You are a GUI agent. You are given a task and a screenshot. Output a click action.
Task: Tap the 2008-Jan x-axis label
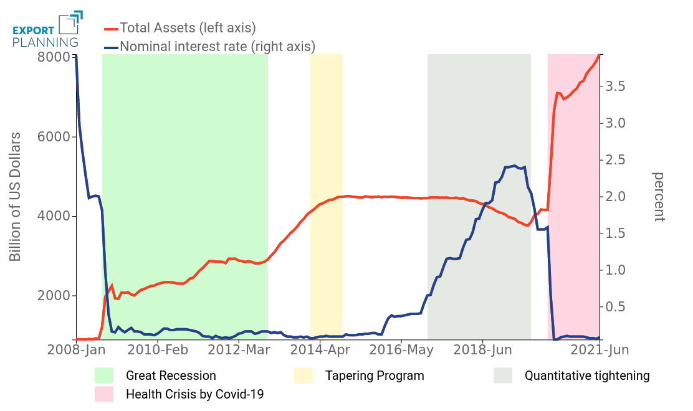click(x=76, y=350)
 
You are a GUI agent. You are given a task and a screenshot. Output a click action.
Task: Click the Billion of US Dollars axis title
click(x=16, y=197)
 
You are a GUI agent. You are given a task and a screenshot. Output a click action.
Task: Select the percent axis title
click(x=659, y=197)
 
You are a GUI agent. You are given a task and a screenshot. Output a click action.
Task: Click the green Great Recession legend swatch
click(x=104, y=376)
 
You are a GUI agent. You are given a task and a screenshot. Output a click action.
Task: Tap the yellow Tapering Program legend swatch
click(x=303, y=376)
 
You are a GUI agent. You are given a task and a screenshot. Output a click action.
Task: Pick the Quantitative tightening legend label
click(x=586, y=376)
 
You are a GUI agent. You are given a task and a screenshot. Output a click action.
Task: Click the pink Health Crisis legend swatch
click(x=104, y=394)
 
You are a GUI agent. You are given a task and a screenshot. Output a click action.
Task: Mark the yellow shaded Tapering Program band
click(x=326, y=187)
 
